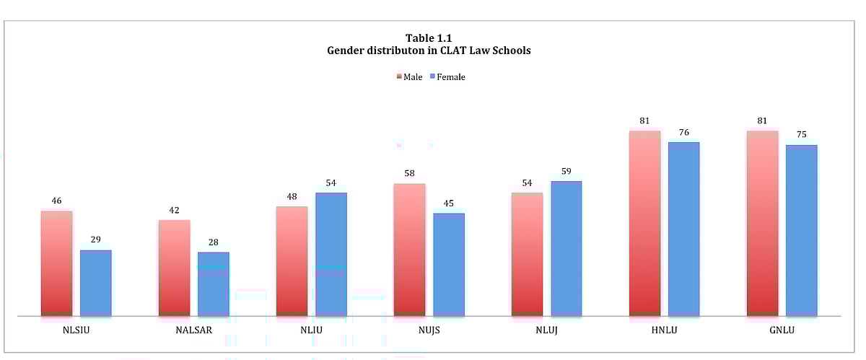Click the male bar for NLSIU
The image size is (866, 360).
(x=56, y=263)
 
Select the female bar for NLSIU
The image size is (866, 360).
(x=95, y=283)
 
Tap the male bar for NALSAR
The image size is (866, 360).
(x=174, y=268)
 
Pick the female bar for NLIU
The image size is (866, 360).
(x=331, y=254)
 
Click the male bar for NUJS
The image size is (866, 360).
(x=409, y=250)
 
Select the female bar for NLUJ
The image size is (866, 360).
(x=567, y=248)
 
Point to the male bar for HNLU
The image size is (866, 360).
(x=644, y=224)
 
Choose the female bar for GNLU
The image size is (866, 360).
(x=801, y=230)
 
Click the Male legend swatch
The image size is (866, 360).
(x=398, y=76)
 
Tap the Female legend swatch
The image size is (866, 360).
(x=432, y=76)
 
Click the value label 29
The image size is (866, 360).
(x=95, y=240)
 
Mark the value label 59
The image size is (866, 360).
(x=567, y=171)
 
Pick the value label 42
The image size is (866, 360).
(x=174, y=210)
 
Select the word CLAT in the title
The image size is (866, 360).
(x=430, y=51)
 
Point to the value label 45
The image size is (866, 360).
(x=449, y=203)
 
